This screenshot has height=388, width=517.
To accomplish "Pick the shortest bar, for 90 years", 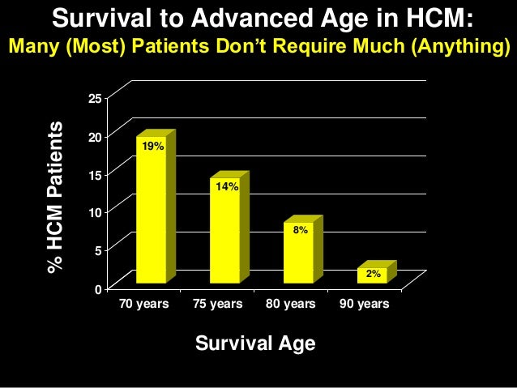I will click(x=372, y=275).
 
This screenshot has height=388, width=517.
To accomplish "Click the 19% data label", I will click(x=152, y=147).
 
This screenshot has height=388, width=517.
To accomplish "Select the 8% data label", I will click(x=300, y=231).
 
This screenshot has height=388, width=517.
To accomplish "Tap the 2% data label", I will click(x=373, y=274).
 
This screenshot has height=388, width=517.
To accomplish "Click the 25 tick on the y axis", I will click(x=95, y=100).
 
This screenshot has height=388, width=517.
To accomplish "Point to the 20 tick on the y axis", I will click(x=95, y=138).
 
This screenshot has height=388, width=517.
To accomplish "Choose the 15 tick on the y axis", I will click(x=95, y=175).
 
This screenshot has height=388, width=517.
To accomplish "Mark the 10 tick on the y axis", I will click(x=95, y=213).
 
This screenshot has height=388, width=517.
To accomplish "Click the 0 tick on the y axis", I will click(x=98, y=289).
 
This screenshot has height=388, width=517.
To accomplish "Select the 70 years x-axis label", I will click(x=143, y=304).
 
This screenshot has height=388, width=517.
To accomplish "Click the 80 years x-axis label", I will click(x=290, y=304).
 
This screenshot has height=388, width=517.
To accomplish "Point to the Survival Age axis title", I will click(x=255, y=343).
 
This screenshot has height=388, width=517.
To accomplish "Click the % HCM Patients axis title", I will click(x=55, y=197).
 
